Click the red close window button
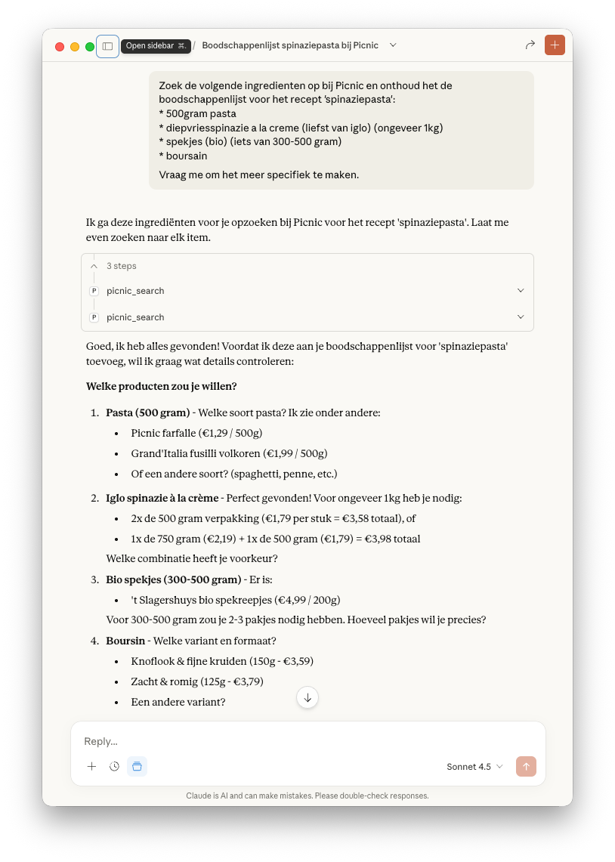[x=60, y=47]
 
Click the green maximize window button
[x=90, y=47]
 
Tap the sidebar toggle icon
[x=107, y=46]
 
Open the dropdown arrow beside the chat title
[x=393, y=45]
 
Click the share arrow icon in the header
[x=530, y=45]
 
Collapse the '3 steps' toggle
[x=94, y=266]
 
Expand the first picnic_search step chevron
[x=520, y=291]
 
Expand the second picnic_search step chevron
[x=520, y=317]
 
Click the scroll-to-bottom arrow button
[x=307, y=697]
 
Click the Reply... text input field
[x=302, y=741]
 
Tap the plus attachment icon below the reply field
[x=91, y=766]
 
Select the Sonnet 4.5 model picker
[x=474, y=767]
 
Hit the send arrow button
[x=526, y=766]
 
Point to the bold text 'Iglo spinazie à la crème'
[x=162, y=498]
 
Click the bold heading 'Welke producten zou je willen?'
[x=162, y=386]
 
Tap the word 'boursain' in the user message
[x=186, y=156]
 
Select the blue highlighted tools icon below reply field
[x=137, y=766]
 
